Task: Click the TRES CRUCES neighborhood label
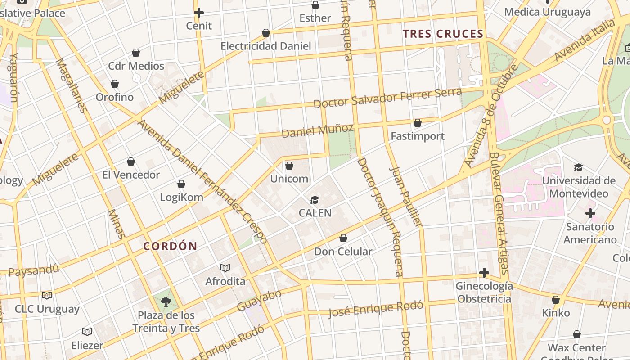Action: click(x=443, y=34)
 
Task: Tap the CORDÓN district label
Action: click(x=170, y=246)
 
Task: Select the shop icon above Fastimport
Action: click(x=418, y=123)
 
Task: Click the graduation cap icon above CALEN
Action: click(x=315, y=200)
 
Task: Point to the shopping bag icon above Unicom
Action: click(x=289, y=166)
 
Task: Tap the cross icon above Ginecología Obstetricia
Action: click(x=484, y=273)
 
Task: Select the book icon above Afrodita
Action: click(x=225, y=268)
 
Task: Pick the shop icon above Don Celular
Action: click(x=343, y=238)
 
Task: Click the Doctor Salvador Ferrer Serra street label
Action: click(x=387, y=98)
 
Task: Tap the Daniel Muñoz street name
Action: click(x=317, y=131)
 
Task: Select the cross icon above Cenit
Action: click(x=199, y=13)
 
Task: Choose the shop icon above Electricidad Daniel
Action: click(x=266, y=33)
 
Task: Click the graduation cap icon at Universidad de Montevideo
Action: click(x=578, y=168)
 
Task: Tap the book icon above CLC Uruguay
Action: click(x=47, y=296)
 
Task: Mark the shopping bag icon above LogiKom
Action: click(x=181, y=184)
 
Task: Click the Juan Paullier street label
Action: click(x=405, y=196)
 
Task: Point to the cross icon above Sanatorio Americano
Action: click(x=590, y=213)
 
